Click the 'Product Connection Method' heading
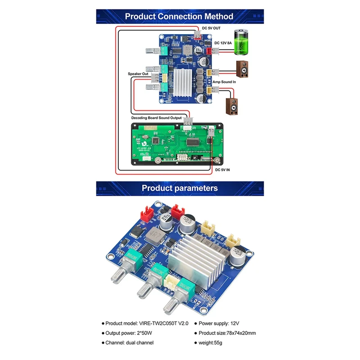[179, 17]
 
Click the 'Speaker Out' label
[138, 73]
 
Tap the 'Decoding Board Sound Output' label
[156, 118]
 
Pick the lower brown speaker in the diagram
[232, 103]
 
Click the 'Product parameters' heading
[180, 188]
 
